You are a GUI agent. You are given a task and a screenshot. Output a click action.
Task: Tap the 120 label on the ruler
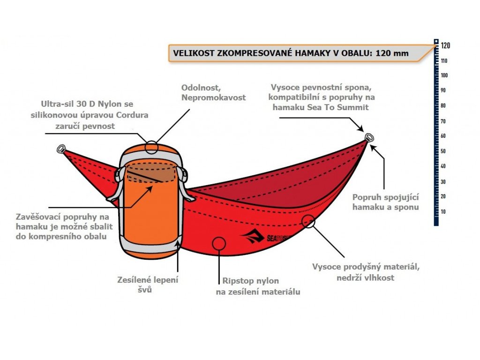tap(445, 45)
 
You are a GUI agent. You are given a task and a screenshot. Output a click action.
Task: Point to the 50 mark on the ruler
tap(443, 151)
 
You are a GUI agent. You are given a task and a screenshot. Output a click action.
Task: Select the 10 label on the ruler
tap(443, 211)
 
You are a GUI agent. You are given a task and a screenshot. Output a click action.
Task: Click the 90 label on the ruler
tap(443, 90)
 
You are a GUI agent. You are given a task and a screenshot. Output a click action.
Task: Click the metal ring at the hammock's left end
tap(61, 149)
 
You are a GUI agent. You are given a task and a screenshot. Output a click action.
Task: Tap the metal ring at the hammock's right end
tap(369, 137)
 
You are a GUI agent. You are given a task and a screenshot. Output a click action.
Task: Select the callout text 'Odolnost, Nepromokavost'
tap(213, 92)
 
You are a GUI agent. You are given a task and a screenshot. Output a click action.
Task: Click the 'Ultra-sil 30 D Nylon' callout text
tap(90, 115)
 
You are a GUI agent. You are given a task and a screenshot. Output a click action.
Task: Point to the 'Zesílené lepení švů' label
tap(148, 285)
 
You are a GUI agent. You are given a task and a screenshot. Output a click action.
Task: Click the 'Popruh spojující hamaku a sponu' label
tap(385, 202)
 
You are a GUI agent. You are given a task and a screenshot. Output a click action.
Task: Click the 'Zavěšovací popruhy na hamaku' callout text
tap(64, 226)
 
